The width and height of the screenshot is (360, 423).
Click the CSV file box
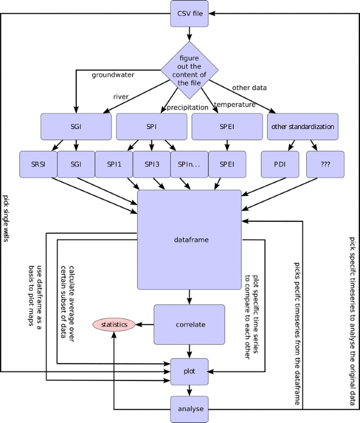tap(189, 13)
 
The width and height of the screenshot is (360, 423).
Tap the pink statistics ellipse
tap(114, 325)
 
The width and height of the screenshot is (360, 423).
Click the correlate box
tap(189, 325)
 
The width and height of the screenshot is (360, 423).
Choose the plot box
tap(189, 371)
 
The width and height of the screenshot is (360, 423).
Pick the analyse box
tap(189, 409)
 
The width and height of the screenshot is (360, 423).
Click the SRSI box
tap(38, 164)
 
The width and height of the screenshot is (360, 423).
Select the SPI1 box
tap(114, 164)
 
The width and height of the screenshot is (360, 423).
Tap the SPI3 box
tap(151, 164)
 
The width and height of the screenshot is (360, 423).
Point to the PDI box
tap(280, 164)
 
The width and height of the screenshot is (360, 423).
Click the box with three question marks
tap(325, 164)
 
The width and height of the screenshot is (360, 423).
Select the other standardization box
tap(302, 127)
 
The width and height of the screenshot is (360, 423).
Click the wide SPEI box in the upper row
tap(227, 127)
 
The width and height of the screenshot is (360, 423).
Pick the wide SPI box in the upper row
tap(151, 127)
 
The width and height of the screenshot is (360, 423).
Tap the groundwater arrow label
tap(113, 75)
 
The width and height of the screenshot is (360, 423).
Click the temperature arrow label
tap(234, 105)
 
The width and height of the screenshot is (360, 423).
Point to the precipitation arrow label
tap(188, 108)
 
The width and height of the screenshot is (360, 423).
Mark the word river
tap(121, 96)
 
